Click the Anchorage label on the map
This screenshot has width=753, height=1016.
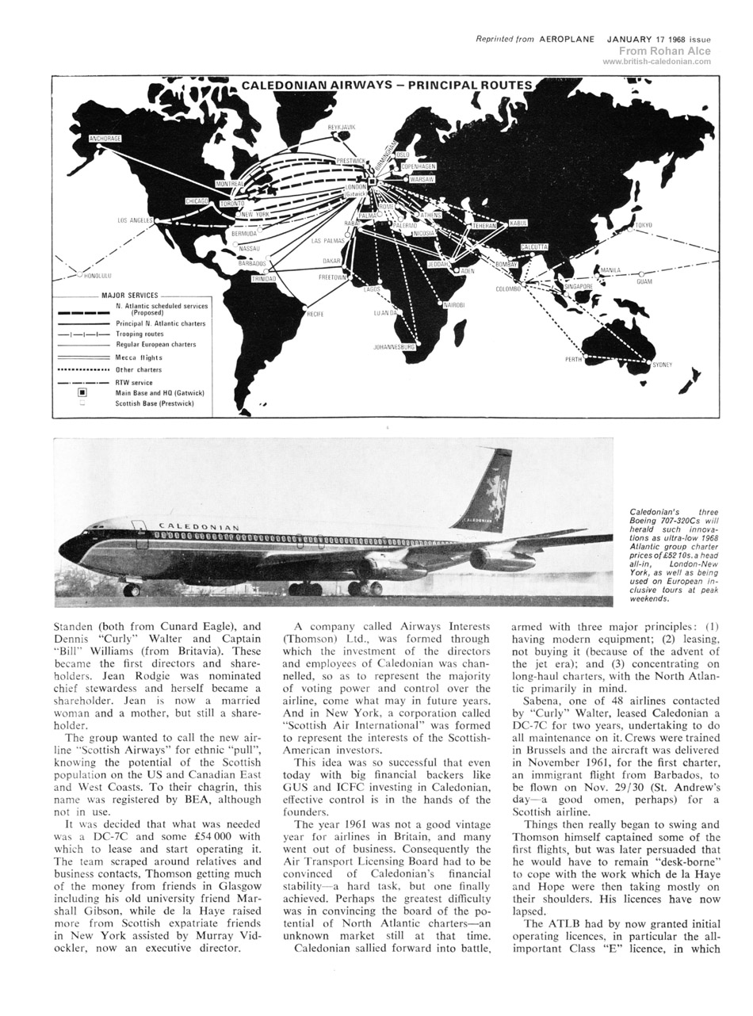pos(105,139)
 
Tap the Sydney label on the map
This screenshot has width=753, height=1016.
pos(662,365)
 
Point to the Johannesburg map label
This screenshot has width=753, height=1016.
pos(394,347)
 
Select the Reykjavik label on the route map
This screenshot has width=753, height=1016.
pos(342,127)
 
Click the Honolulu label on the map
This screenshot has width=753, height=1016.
pos(98,277)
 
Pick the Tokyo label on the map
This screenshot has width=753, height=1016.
pos(644,226)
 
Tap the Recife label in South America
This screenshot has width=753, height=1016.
pos(315,315)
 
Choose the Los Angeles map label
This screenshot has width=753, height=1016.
pos(135,220)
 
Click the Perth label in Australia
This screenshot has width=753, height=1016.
pos(573,359)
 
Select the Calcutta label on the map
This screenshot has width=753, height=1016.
pos(533,247)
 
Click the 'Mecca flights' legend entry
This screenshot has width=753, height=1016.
pos(139,357)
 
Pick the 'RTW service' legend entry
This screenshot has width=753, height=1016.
pos(134,383)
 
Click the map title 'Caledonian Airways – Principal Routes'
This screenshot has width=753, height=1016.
pos(387,85)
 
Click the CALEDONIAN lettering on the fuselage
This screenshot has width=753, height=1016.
pos(199,526)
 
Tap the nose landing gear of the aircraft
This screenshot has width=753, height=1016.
pos(132,590)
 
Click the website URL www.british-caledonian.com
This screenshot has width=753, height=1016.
pos(656,62)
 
